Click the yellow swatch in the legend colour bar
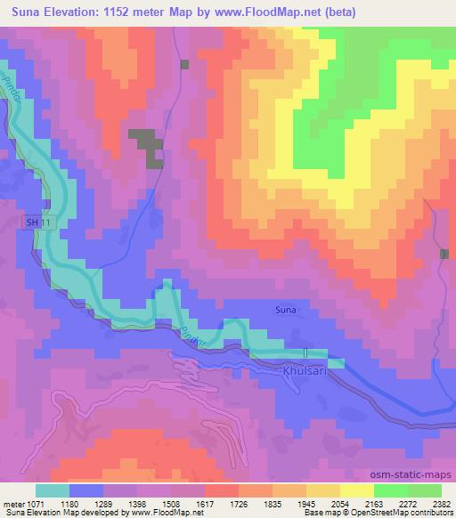click(355, 490)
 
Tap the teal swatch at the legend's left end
click(53, 490)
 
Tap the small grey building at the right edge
click(444, 254)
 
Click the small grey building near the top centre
click(185, 64)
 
